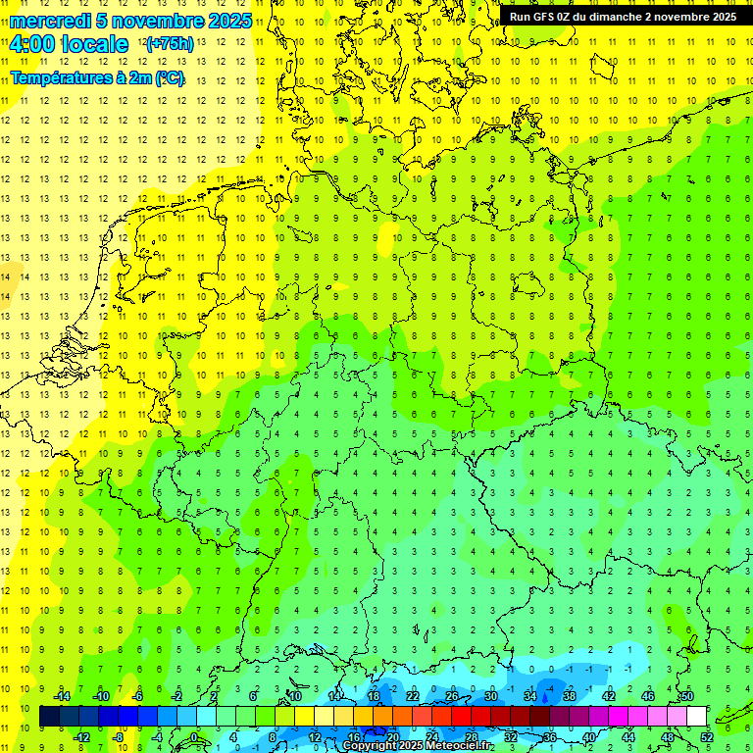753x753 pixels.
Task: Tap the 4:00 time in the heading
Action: pyautogui.click(x=30, y=44)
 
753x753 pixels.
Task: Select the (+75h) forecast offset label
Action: pyautogui.click(x=169, y=44)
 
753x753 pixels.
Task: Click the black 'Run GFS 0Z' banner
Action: pyautogui.click(x=623, y=17)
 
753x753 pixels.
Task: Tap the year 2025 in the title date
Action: pyautogui.click(x=228, y=21)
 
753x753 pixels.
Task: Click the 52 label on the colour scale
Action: pyautogui.click(x=707, y=736)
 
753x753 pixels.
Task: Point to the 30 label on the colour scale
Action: pyautogui.click(x=490, y=696)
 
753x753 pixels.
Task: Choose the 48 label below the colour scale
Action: pyautogui.click(x=668, y=736)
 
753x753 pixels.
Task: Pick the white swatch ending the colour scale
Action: pyautogui.click(x=697, y=717)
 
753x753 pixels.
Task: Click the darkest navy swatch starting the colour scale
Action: pyautogui.click(x=49, y=717)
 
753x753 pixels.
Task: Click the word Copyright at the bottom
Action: pyautogui.click(x=371, y=746)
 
